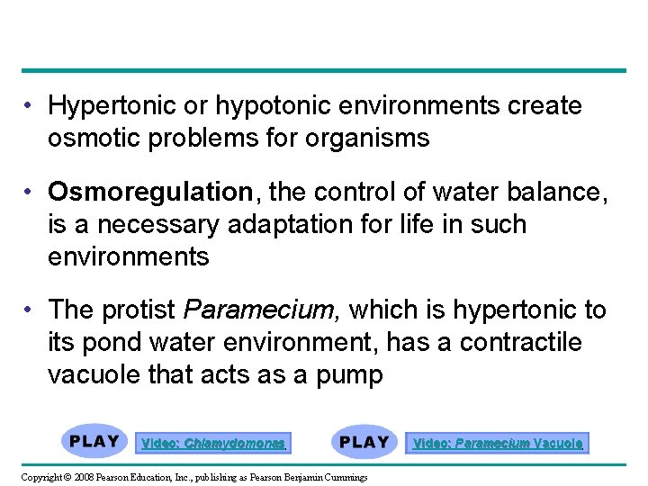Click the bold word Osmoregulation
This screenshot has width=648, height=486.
150,192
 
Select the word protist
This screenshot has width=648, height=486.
144,310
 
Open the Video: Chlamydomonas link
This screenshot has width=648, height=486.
213,443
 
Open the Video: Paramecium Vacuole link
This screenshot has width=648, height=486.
498,443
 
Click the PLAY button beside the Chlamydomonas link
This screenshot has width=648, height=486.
94,442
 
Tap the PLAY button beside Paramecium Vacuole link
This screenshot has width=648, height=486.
364,442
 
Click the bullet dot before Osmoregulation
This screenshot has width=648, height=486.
31,192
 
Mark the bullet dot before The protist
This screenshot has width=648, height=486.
31,310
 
